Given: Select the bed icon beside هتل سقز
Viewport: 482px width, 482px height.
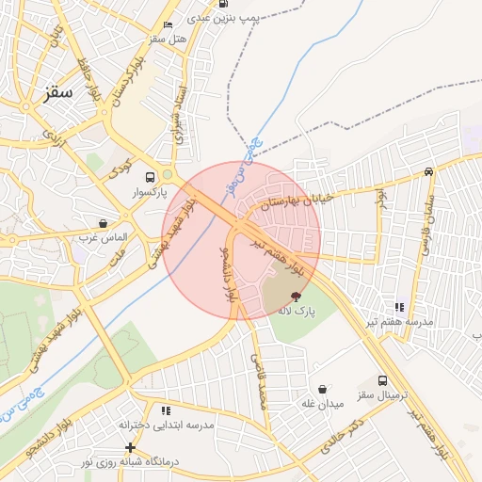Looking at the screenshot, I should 168,24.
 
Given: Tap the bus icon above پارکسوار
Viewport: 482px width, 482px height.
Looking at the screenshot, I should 150,177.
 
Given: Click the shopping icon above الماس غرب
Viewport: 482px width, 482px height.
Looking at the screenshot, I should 103,224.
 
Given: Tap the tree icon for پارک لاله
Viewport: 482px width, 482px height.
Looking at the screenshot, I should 297,296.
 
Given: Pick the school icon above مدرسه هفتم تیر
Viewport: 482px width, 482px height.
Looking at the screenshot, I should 400,307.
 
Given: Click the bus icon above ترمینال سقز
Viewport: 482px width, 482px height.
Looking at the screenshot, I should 382,381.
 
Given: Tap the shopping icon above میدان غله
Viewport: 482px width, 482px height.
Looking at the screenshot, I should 323,389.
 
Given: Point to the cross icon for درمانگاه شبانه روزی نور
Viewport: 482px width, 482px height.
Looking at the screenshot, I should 130,447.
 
